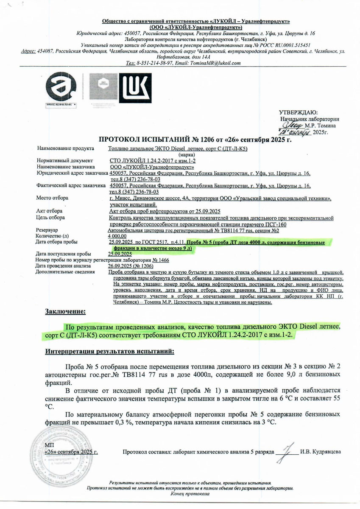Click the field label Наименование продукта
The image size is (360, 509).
pyautogui.click(x=65, y=149)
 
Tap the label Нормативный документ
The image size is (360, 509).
pyautogui.click(x=64, y=161)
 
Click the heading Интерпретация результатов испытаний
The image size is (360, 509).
pyautogui.click(x=110, y=352)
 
